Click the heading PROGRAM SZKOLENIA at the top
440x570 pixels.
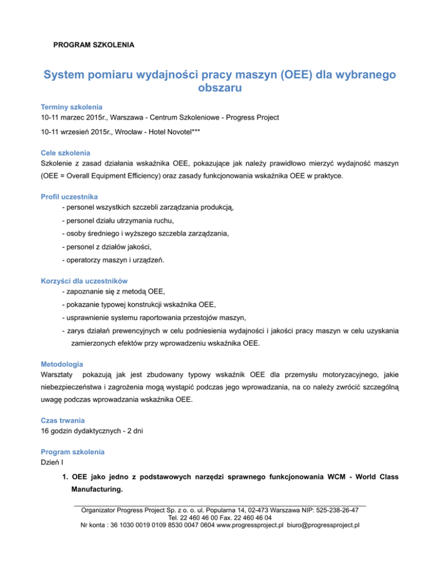tap(94, 44)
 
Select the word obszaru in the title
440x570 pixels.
tap(219, 90)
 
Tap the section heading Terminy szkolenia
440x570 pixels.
tap(72, 107)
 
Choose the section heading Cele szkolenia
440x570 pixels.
tap(65, 153)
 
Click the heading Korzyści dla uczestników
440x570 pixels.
tap(84, 282)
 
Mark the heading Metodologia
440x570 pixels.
tap(62, 364)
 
